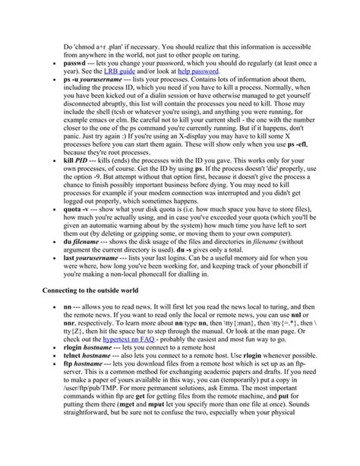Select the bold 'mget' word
(x=144, y=436)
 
